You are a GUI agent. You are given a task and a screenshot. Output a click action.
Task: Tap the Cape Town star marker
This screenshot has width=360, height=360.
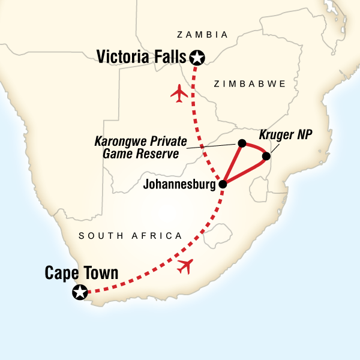(x=79, y=292)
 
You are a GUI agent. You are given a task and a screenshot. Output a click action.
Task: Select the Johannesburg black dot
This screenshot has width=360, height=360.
(x=223, y=184)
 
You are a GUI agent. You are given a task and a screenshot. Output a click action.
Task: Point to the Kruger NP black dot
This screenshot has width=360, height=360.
(x=266, y=157)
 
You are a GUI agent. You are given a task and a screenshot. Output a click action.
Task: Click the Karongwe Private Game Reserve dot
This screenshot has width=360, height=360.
(x=241, y=143)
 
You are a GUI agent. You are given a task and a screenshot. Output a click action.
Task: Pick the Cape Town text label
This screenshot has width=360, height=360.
(x=81, y=274)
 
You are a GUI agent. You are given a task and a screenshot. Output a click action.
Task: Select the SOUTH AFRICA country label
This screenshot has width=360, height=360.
(x=130, y=236)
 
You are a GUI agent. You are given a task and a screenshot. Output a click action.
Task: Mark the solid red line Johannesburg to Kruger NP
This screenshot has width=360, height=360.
(x=245, y=171)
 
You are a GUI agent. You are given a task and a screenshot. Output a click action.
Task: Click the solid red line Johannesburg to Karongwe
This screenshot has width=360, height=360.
(x=232, y=163)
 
